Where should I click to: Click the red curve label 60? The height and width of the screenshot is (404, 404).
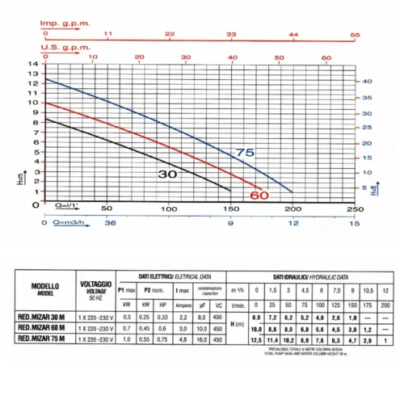259,195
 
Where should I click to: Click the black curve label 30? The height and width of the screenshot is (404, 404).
167,174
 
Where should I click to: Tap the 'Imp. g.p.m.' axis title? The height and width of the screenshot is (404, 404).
61,23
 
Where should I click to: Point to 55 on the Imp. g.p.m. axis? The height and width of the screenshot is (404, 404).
354,35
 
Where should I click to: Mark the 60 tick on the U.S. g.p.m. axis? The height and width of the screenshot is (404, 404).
326,57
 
